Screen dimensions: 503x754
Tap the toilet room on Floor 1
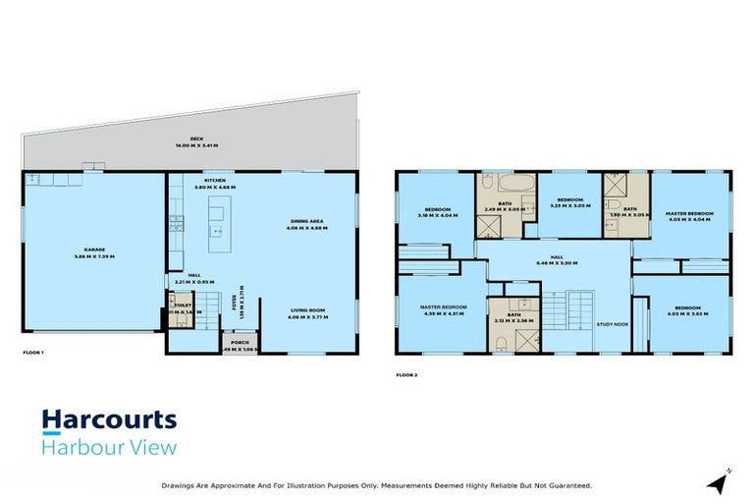(180, 308)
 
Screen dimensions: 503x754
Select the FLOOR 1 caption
(34, 352)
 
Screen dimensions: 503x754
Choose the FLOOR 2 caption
(406, 374)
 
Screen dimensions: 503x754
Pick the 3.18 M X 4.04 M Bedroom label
(437, 210)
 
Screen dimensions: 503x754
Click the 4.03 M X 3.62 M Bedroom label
(687, 311)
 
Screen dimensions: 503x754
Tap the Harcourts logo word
(109, 421)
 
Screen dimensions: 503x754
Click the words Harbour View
(109, 449)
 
